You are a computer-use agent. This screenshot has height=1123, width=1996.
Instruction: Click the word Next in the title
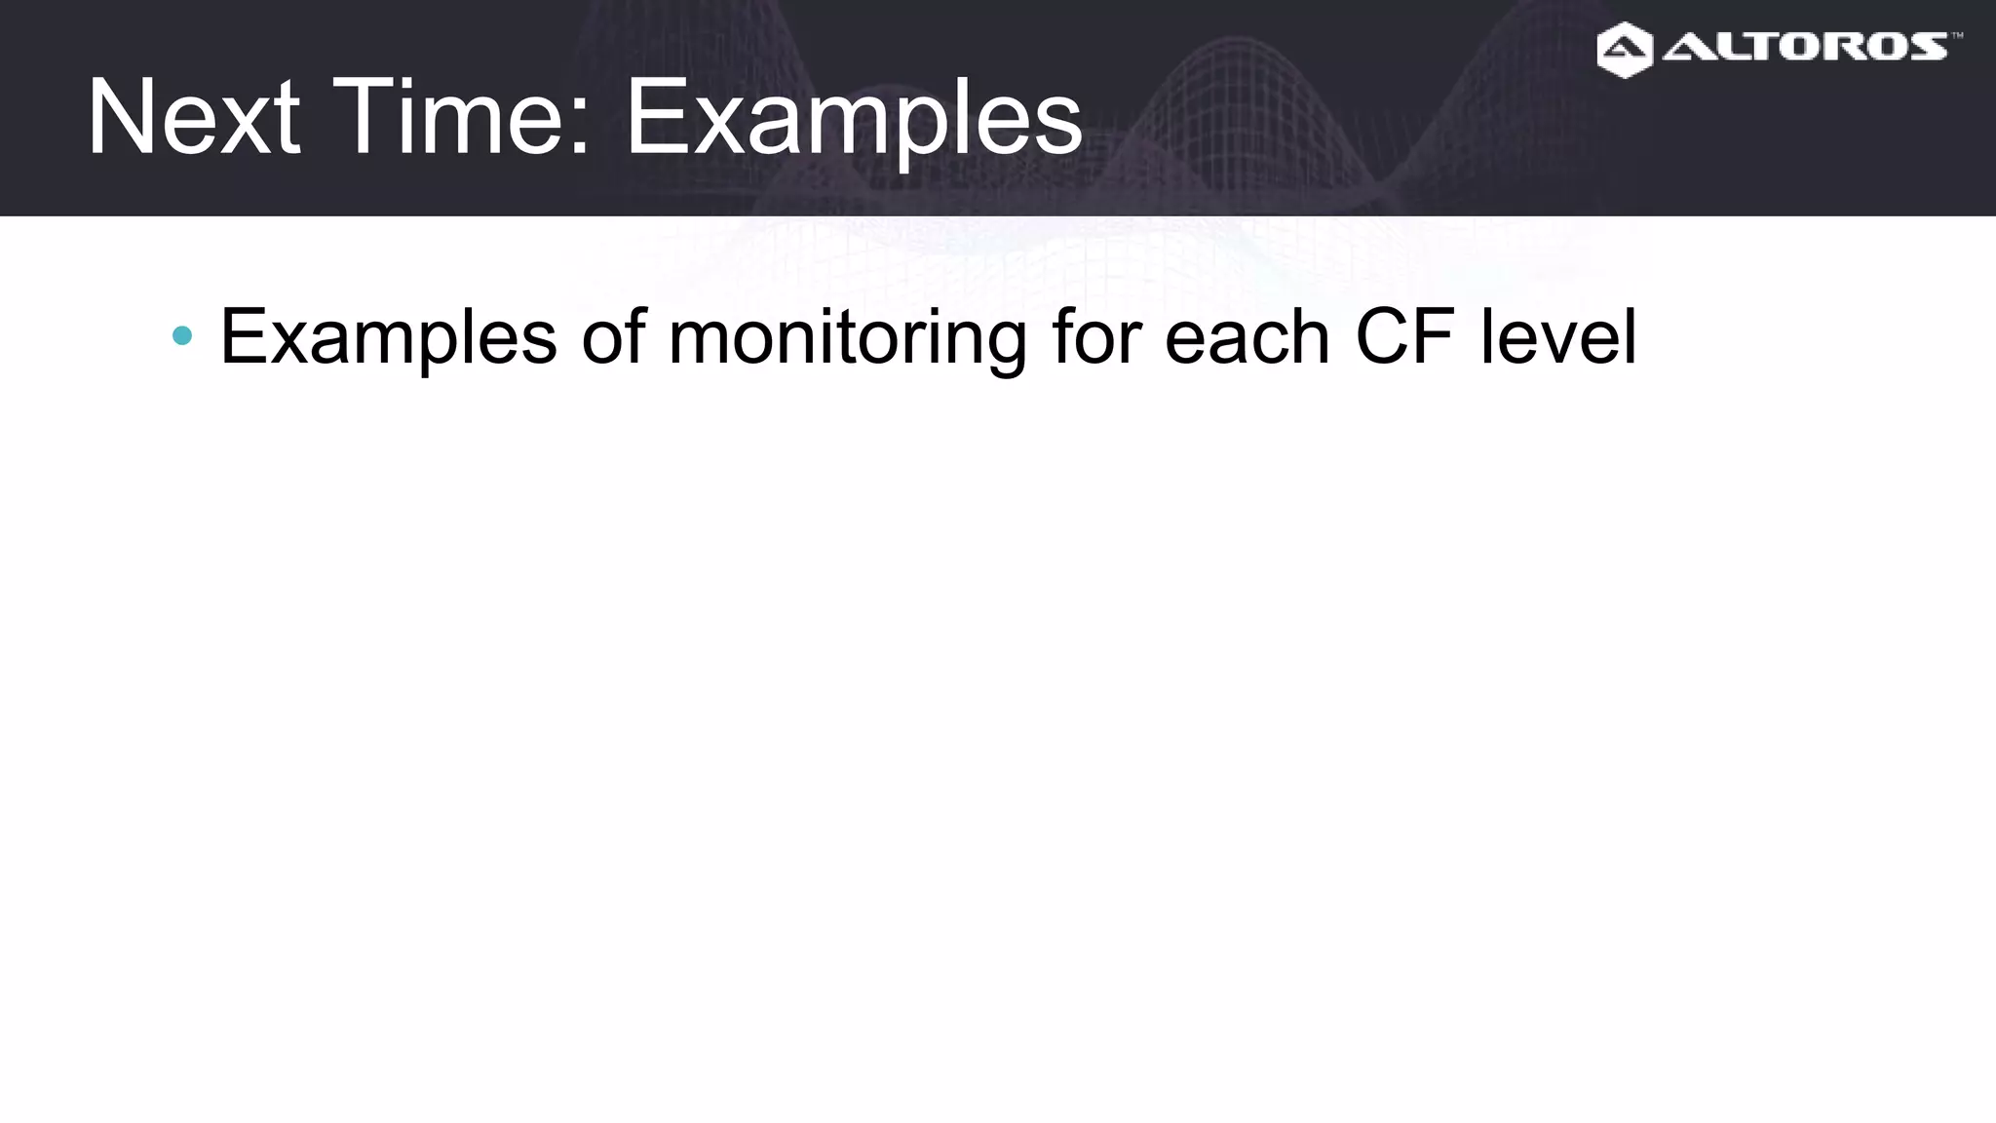coord(193,119)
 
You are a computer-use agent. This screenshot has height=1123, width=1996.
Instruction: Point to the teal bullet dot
coord(181,336)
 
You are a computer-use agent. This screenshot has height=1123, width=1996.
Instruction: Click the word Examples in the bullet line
coord(389,338)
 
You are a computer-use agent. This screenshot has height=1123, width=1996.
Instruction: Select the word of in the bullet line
coord(613,336)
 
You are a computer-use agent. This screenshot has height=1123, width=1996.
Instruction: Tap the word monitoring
coord(847,338)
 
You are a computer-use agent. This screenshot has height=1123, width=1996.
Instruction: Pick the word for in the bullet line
coord(1095,336)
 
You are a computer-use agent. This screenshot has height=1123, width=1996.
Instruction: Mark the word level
coord(1558,336)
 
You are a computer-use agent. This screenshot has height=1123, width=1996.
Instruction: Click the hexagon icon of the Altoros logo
coord(1625,50)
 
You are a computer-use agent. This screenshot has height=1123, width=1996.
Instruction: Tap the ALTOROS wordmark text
coord(1805,46)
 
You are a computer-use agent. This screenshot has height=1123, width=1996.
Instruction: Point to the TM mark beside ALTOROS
coord(1956,36)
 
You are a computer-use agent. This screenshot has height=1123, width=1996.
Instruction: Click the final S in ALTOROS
coord(1926,46)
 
